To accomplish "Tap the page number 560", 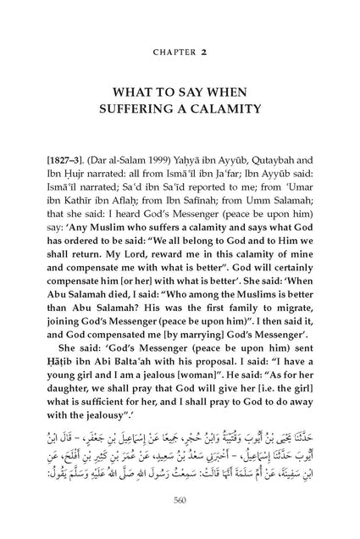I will pyautogui.click(x=180, y=522).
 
